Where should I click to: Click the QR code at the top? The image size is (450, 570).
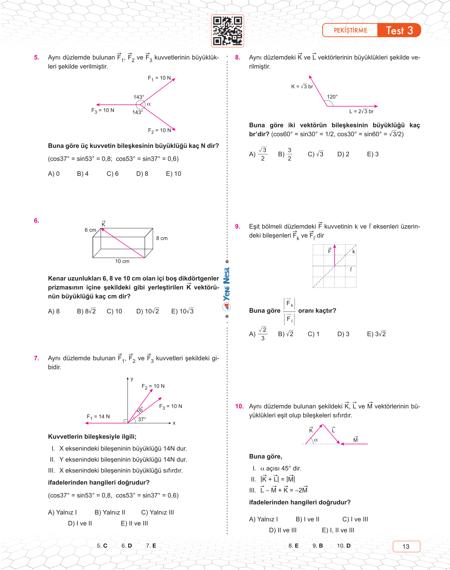228,31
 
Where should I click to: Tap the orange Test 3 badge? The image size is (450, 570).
399,30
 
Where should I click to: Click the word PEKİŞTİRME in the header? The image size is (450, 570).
350,30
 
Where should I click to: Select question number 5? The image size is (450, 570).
37,58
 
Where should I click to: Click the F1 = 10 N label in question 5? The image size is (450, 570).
159,78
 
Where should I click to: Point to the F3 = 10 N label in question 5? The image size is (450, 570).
103,110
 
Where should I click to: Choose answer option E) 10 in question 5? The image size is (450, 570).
173,174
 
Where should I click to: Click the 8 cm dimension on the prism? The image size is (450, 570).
162,238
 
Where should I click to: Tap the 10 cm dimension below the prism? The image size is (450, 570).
122,261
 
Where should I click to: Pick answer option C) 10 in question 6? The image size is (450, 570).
114,311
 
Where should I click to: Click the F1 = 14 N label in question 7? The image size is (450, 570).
98,416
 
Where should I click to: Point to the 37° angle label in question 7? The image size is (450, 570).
142,419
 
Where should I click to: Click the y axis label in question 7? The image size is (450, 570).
132,379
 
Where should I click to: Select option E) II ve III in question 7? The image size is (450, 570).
134,523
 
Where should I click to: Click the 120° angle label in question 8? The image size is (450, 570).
332,97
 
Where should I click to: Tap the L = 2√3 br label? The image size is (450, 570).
361,111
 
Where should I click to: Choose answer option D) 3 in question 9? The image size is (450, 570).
343,334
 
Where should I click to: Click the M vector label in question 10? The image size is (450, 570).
355,440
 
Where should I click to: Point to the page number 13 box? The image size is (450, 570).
406,546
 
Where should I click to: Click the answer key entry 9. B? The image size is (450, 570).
318,546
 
